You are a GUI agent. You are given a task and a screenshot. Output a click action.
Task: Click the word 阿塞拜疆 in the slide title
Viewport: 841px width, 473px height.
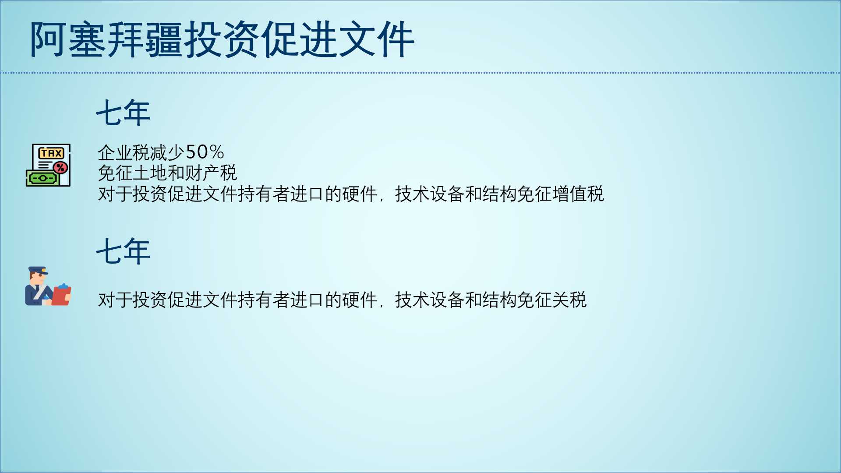tap(106, 39)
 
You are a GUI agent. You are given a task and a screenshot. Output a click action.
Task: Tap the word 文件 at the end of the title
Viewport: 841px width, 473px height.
tap(376, 39)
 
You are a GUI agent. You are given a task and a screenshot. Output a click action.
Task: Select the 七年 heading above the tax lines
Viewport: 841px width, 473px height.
tap(123, 113)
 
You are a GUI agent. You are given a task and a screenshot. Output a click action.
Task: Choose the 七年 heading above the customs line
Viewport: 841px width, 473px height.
tap(123, 251)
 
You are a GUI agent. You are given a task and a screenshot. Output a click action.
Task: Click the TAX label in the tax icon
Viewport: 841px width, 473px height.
tap(51, 153)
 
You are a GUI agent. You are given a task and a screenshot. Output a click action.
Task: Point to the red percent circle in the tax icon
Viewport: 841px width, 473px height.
tap(60, 167)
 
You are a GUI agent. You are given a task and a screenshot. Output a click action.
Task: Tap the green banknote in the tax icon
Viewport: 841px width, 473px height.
tap(42, 178)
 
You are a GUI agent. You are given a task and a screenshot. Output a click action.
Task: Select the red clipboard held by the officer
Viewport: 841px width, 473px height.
tap(61, 295)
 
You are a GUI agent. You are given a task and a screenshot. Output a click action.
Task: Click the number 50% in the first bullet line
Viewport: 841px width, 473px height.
tap(205, 152)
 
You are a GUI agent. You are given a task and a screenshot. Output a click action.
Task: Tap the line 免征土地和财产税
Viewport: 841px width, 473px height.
tap(167, 173)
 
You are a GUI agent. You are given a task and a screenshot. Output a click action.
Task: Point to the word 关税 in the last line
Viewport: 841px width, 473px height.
tap(569, 300)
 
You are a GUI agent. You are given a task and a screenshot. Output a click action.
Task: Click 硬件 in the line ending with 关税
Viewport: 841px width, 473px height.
tap(360, 300)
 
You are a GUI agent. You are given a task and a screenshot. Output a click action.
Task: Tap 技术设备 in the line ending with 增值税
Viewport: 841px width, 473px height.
tap(430, 194)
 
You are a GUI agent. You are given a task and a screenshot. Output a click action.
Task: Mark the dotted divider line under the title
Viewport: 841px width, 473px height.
tap(420, 73)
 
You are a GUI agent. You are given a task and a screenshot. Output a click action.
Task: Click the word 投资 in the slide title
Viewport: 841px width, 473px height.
tap(222, 39)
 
